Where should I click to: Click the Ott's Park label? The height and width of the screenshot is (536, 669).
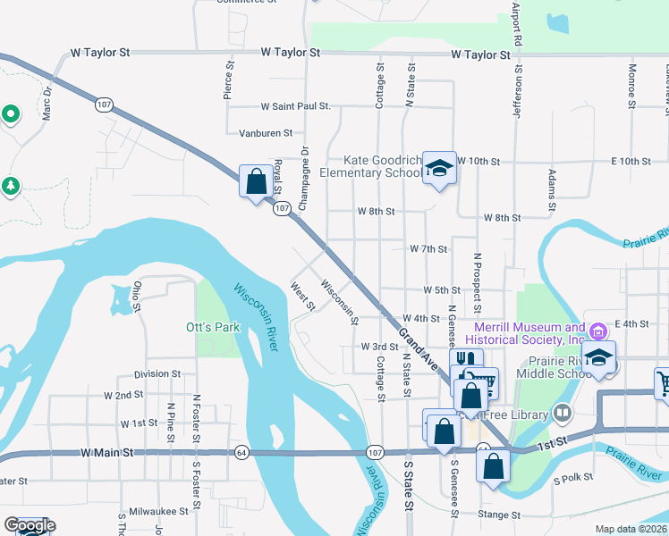(213, 327)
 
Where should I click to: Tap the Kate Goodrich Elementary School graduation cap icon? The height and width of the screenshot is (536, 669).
(439, 168)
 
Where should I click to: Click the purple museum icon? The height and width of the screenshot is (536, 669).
(598, 331)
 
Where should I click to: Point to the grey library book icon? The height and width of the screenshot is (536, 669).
(562, 413)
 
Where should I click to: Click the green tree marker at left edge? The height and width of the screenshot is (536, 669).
(10, 186)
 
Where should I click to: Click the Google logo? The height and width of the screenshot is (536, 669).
(30, 525)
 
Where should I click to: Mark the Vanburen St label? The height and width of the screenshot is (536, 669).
(266, 133)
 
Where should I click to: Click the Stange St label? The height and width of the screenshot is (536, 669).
(499, 515)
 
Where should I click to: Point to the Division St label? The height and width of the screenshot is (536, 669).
(157, 374)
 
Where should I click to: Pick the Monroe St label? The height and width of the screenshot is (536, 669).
(631, 80)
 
